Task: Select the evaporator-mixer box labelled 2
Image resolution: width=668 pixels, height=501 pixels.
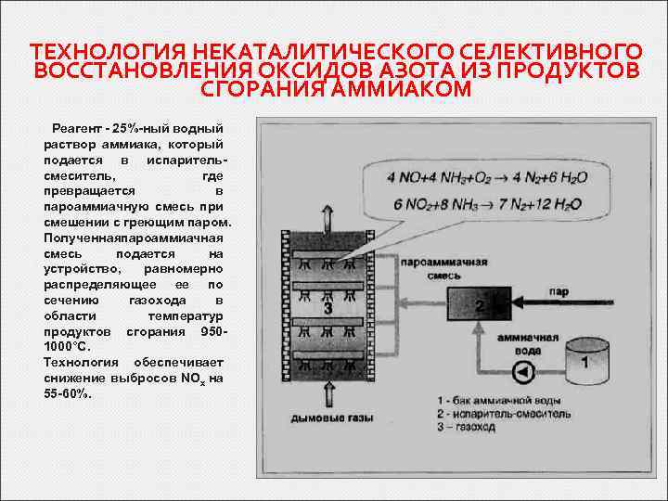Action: coord(478,305)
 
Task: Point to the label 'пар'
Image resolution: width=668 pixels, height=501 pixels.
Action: coord(559,290)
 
